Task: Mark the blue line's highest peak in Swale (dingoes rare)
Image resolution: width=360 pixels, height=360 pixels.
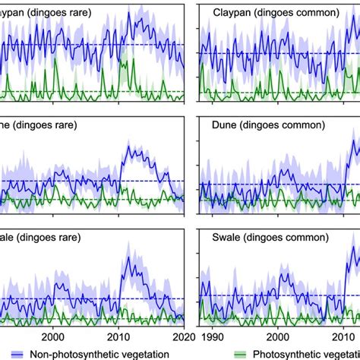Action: (x=129, y=257)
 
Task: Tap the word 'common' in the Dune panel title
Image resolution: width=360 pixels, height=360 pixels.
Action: (x=307, y=123)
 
